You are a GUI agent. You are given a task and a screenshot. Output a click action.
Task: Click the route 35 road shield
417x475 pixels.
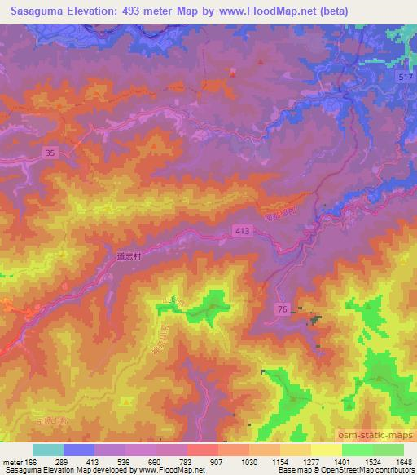tap(50, 152)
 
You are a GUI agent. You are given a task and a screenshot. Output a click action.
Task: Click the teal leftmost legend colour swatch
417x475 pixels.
tap(48, 450)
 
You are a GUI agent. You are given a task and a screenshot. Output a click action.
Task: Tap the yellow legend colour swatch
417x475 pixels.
tap(327, 450)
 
